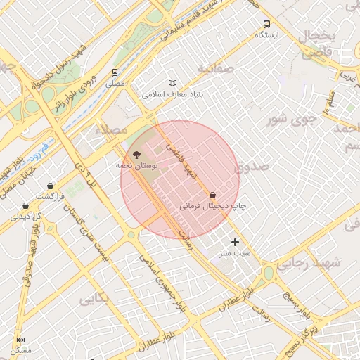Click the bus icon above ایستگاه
point(266,24)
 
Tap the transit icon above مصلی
point(115,72)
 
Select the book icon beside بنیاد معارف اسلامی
point(173,82)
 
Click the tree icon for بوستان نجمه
point(135,154)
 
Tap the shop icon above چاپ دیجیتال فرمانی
point(212,195)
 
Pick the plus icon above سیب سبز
point(235,242)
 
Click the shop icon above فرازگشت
point(50,186)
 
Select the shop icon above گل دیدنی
point(26,206)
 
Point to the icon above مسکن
point(20,340)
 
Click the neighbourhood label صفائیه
point(214,69)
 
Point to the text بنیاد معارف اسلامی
point(172,94)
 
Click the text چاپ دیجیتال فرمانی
point(212,207)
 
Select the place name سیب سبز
point(235,252)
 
